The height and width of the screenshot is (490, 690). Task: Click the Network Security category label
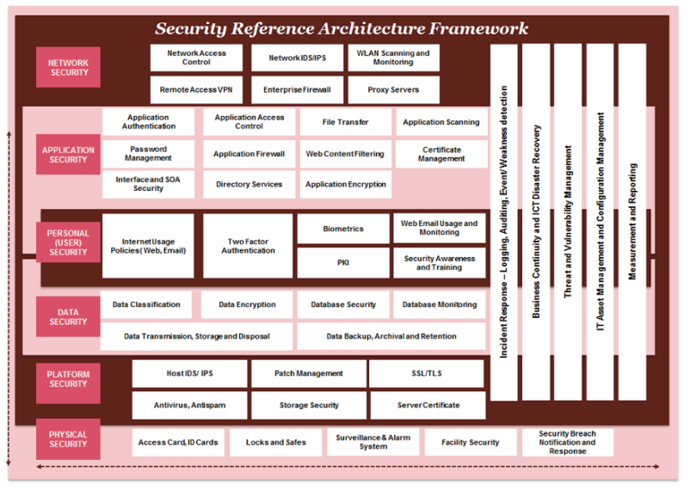(x=68, y=67)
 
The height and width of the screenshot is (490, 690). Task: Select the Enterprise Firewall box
(x=297, y=89)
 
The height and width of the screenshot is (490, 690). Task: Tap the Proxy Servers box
(x=393, y=89)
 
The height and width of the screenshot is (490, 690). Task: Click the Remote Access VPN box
(x=196, y=89)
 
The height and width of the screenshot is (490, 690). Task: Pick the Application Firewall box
(x=249, y=154)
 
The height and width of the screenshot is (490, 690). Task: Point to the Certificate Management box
(x=441, y=154)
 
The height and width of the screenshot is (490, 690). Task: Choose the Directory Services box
(x=249, y=184)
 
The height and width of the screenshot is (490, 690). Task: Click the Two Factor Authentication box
(x=248, y=246)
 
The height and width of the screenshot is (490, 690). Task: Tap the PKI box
(x=343, y=262)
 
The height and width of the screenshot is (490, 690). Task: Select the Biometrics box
(x=343, y=229)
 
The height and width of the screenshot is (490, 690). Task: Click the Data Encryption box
(x=247, y=304)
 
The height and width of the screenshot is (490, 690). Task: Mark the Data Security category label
(x=68, y=316)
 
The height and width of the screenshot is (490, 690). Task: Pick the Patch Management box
(x=309, y=373)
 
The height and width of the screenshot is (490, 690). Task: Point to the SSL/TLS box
(x=427, y=373)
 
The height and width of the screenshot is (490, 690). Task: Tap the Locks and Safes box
(x=276, y=443)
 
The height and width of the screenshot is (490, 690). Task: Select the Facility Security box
(x=471, y=443)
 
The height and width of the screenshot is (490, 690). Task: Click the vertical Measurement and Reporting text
(x=632, y=222)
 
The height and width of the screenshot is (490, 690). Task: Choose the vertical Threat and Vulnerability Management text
(x=568, y=222)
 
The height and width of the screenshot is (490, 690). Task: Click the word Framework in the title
(x=478, y=28)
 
